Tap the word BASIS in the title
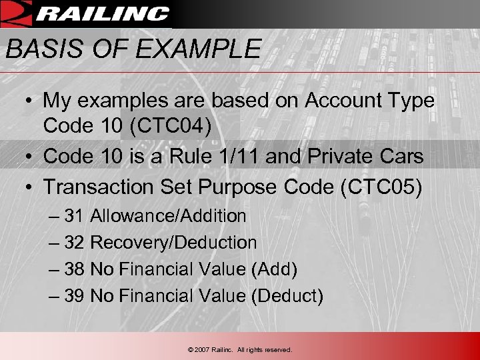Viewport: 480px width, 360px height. click(39, 49)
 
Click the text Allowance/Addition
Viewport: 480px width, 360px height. click(168, 216)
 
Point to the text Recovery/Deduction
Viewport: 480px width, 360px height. click(173, 243)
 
